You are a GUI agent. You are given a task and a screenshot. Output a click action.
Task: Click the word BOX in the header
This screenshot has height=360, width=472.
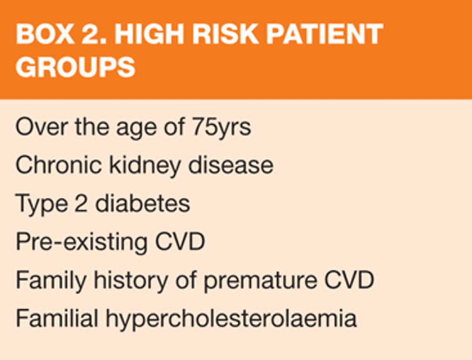pos(45,34)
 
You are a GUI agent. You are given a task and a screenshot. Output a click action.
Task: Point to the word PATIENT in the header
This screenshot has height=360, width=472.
pos(325,34)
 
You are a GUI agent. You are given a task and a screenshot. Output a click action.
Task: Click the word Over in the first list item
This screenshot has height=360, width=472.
pos(42,127)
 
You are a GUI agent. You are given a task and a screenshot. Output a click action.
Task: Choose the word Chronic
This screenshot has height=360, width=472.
pos(59,165)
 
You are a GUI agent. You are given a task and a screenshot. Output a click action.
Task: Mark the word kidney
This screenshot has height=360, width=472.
pos(145,166)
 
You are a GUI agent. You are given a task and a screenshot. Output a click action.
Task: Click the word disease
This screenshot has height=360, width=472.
pos(230,165)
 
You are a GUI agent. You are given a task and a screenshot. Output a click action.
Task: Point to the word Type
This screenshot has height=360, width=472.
pos(42,205)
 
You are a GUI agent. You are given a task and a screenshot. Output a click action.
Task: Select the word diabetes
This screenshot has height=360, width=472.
pos(142,203)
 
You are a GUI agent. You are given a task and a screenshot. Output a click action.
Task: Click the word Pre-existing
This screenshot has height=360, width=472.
pos(82,242)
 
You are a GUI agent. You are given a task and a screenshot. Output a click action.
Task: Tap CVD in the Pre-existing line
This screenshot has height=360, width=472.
pos(180,242)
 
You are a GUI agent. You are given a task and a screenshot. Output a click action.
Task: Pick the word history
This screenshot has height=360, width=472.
pos(131,281)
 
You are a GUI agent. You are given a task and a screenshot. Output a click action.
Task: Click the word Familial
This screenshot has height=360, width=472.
pos(57,318)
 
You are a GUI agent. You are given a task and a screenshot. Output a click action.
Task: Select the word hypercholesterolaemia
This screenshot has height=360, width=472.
pos(231,320)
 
